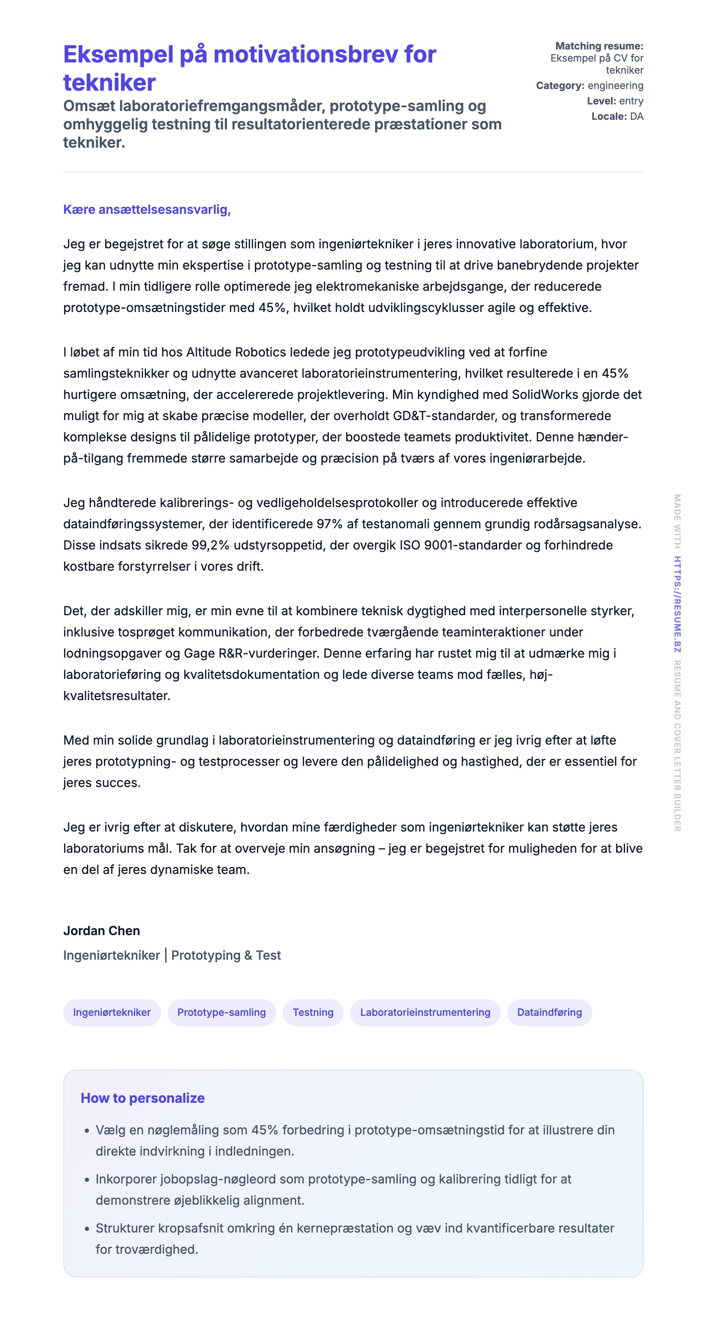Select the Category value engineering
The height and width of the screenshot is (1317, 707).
[x=615, y=85]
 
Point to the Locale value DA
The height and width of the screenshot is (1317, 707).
[x=636, y=116]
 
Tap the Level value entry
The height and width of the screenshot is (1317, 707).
[x=631, y=101]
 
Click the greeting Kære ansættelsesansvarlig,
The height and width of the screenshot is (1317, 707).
[x=147, y=209]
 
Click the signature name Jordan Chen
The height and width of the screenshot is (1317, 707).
[x=101, y=931]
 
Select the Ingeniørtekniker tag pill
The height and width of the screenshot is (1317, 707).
[x=111, y=1012]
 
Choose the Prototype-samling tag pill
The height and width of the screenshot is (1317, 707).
[x=221, y=1012]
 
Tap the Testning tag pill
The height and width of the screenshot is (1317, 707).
[x=313, y=1012]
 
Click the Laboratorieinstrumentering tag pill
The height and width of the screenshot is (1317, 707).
[x=425, y=1012]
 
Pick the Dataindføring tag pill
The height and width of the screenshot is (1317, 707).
[x=549, y=1012]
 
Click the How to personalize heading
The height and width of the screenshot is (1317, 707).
[x=143, y=1098]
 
